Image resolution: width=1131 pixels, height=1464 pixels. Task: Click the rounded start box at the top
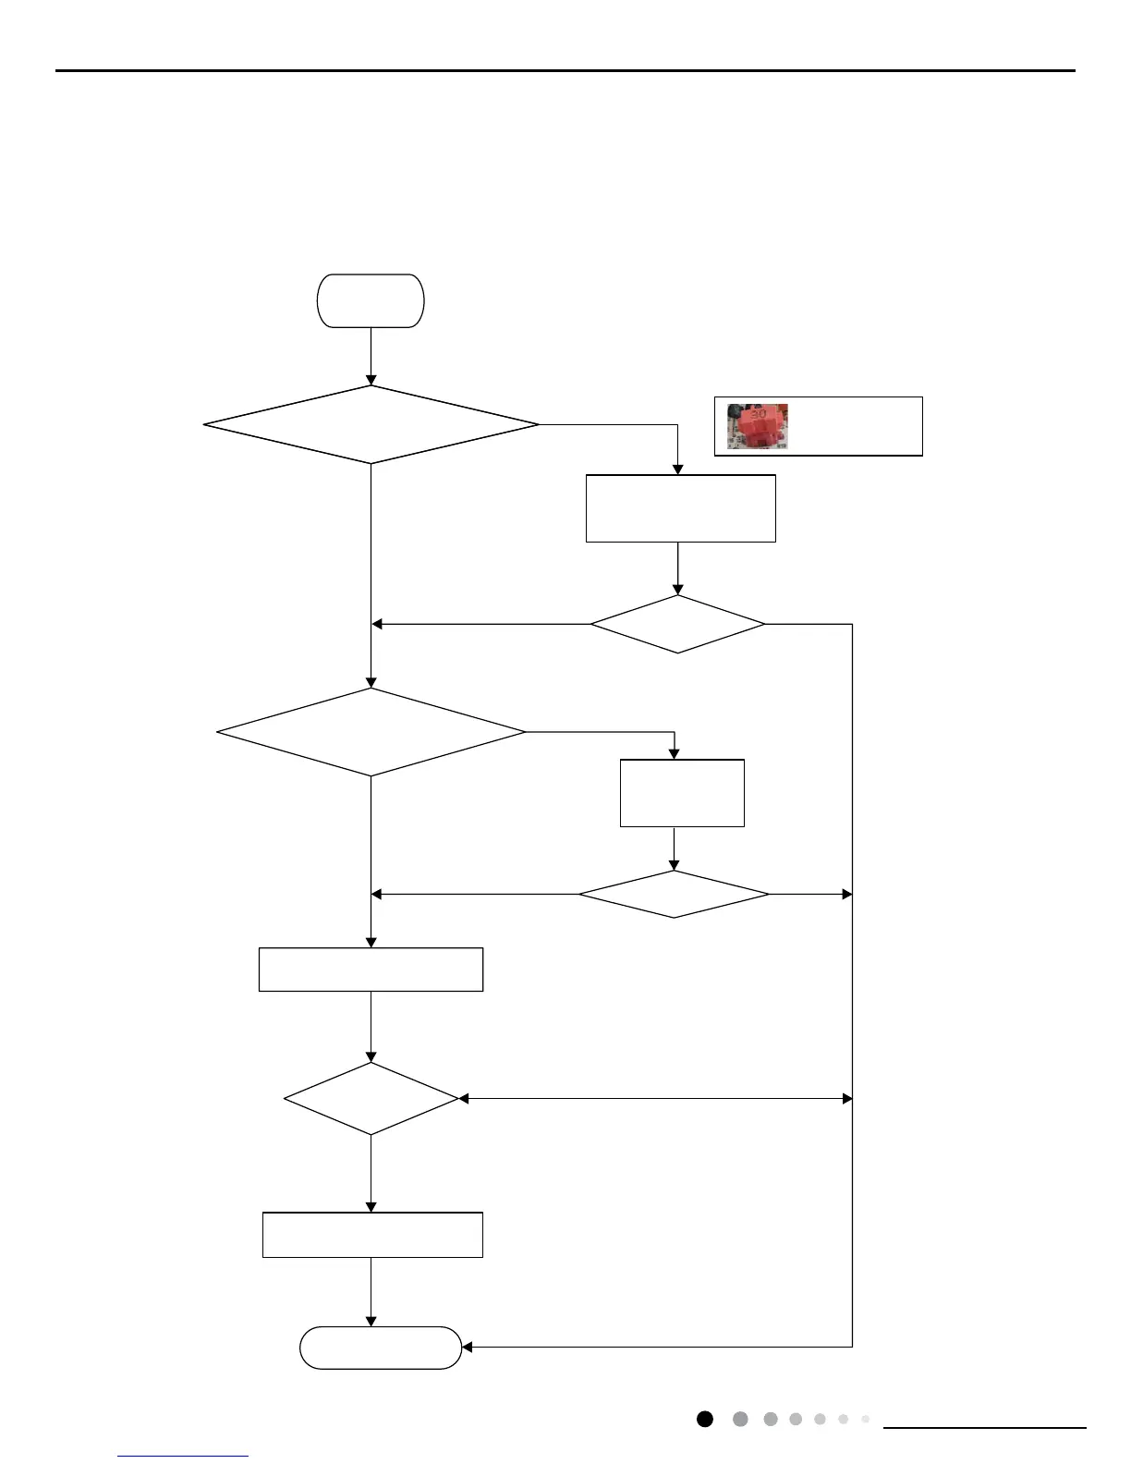pos(371,300)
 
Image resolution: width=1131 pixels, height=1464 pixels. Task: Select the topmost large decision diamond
pos(371,425)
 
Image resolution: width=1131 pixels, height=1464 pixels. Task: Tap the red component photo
pos(757,426)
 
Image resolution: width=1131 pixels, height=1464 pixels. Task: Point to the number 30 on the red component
pos(758,414)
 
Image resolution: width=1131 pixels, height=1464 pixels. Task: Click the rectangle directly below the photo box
pos(680,508)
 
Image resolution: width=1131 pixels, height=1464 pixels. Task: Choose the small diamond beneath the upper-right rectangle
pos(677,624)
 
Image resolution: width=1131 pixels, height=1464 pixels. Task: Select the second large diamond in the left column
pos(371,732)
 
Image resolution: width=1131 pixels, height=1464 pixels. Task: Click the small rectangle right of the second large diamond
pos(682,793)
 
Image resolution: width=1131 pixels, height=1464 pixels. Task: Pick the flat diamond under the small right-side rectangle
pos(674,894)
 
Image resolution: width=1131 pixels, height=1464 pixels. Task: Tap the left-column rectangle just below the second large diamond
pos(371,970)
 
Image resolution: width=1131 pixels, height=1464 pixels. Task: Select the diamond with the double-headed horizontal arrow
pos(371,1098)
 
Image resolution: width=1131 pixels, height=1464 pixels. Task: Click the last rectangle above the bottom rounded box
pos(372,1235)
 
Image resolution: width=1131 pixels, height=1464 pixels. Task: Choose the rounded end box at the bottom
pos(381,1348)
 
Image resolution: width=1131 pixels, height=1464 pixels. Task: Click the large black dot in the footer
pos(705,1419)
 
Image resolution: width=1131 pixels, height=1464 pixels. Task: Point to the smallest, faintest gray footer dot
pos(865,1419)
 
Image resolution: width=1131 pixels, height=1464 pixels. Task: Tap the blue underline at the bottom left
pos(183,1457)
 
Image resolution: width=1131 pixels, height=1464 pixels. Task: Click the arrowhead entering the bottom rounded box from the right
pos(467,1348)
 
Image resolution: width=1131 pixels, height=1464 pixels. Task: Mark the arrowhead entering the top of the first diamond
pos(371,380)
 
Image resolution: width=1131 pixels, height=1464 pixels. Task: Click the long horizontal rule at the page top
pos(565,70)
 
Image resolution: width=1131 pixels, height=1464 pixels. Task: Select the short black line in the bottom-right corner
pos(985,1428)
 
